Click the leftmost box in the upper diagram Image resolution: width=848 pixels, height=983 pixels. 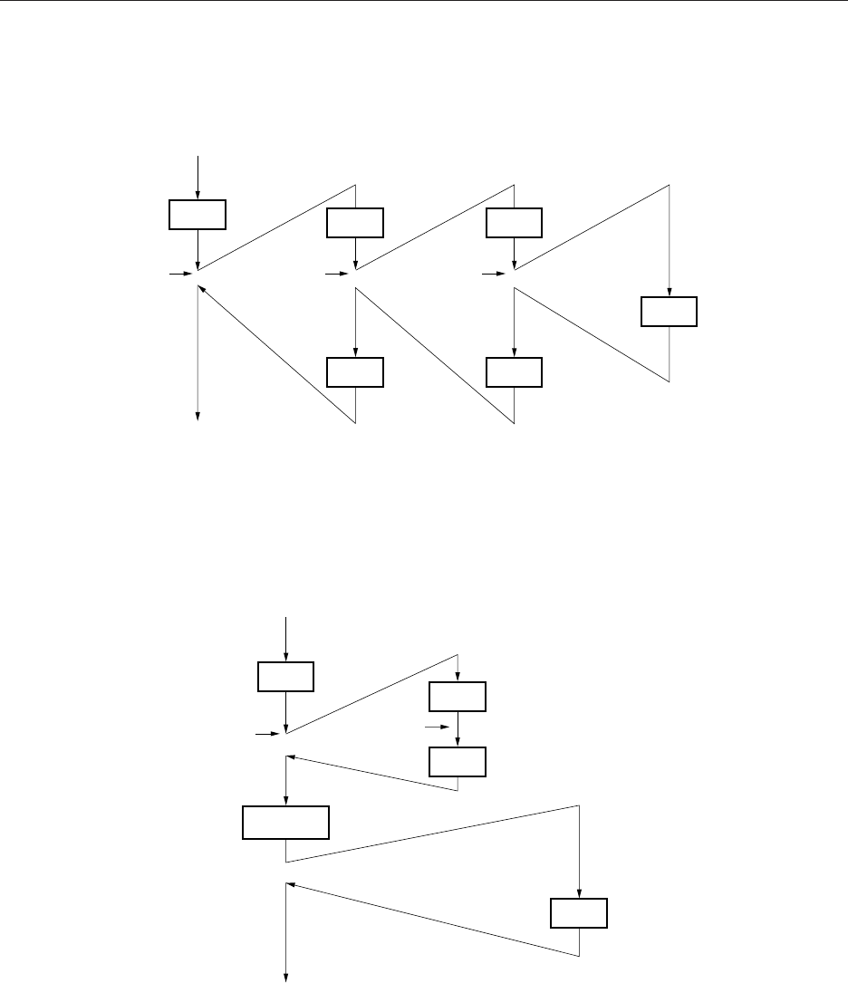(x=198, y=215)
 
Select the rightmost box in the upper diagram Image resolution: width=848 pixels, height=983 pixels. (x=670, y=312)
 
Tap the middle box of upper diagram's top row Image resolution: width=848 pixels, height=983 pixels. (x=355, y=222)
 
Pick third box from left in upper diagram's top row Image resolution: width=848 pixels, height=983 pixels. (x=514, y=222)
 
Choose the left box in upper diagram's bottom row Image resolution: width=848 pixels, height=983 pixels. (x=355, y=372)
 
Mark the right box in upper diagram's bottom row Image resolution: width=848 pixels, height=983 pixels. (x=514, y=372)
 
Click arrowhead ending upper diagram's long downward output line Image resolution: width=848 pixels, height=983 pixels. (x=198, y=417)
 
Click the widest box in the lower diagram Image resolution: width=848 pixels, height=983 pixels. (x=285, y=823)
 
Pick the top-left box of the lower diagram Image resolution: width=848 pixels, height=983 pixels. (x=285, y=677)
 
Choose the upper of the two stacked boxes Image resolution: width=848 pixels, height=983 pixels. (x=458, y=696)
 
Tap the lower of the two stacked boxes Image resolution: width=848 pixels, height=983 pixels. (x=458, y=762)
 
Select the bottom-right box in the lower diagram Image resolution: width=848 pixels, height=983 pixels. (x=579, y=913)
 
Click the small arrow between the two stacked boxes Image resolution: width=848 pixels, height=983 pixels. (x=437, y=727)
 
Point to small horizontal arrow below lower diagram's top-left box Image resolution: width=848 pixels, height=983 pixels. (x=268, y=735)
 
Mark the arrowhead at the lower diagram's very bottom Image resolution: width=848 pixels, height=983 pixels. (x=286, y=977)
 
